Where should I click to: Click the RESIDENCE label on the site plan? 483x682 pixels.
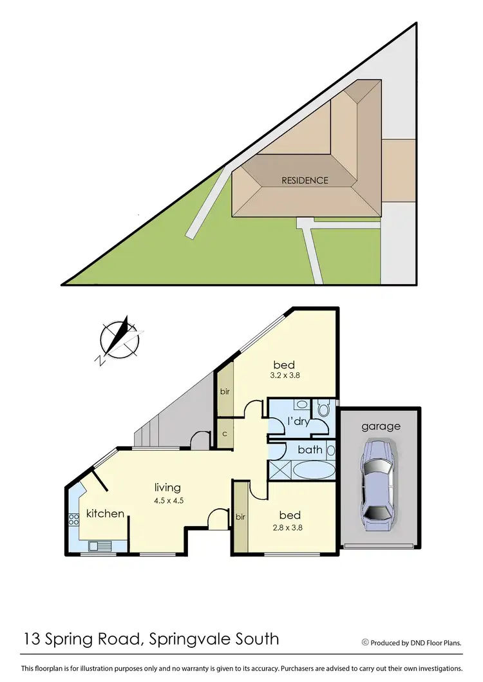pyautogui.click(x=305, y=180)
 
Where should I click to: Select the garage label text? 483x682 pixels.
pyautogui.click(x=380, y=426)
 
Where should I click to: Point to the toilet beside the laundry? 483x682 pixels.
pyautogui.click(x=323, y=408)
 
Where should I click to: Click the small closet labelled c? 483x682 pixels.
pyautogui.click(x=223, y=433)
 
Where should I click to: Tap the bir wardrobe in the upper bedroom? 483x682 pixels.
pyautogui.click(x=223, y=391)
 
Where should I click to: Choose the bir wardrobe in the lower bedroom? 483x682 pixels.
pyautogui.click(x=240, y=517)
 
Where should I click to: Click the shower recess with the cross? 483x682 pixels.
pyautogui.click(x=278, y=469)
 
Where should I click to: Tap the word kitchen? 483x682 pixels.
pyautogui.click(x=105, y=513)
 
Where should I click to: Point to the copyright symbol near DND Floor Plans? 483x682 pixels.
pyautogui.click(x=365, y=642)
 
